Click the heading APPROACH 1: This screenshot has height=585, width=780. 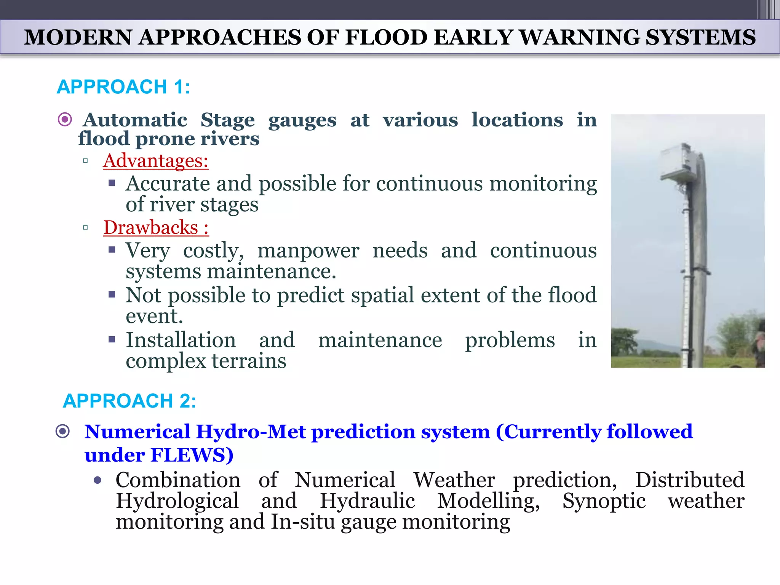coord(123,87)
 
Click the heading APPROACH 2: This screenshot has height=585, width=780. coord(129,401)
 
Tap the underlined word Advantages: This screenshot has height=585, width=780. coord(156,161)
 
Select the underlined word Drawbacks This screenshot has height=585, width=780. coord(151,228)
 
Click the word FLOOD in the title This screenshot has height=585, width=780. coord(386,37)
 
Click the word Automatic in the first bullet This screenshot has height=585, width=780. coord(135,120)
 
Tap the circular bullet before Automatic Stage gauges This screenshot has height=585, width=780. coord(65,120)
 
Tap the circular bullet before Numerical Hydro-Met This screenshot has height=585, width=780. coord(63,432)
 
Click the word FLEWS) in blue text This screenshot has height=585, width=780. coord(192,455)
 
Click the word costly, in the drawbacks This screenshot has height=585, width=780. coord(213,251)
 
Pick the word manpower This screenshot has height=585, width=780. coord(308,251)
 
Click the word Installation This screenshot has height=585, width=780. coord(181,340)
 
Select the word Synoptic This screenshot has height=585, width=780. coord(604,501)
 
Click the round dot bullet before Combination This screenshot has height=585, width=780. coord(97,481)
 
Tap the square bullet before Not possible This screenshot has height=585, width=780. coord(112,294)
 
